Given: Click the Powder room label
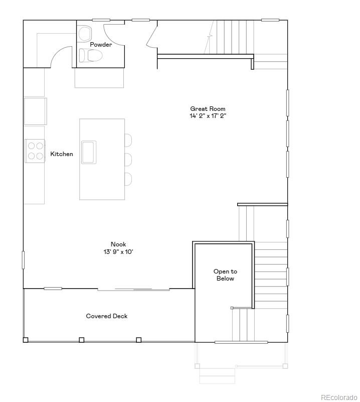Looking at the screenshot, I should [101, 45].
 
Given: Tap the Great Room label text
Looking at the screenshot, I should [208, 108].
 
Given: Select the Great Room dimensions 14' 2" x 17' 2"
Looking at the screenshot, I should [208, 116].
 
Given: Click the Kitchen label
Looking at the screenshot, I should [62, 154].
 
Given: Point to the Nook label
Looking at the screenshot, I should [118, 244].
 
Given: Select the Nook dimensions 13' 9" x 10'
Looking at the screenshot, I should [118, 252].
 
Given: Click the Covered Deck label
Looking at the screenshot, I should [107, 316].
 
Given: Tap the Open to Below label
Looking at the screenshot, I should [225, 275].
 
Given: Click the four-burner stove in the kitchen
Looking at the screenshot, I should [35, 151].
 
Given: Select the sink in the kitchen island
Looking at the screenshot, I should [89, 152].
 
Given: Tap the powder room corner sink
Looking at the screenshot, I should [85, 34].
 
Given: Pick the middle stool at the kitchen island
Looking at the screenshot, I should [128, 160].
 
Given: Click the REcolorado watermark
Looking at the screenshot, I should [339, 396].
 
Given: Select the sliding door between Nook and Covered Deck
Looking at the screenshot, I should [134, 289].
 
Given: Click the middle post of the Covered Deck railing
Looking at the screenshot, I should [81, 340].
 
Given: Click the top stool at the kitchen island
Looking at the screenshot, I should [128, 140].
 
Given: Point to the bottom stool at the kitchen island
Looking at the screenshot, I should [128, 179].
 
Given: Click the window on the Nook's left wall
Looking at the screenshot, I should [23, 260].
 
